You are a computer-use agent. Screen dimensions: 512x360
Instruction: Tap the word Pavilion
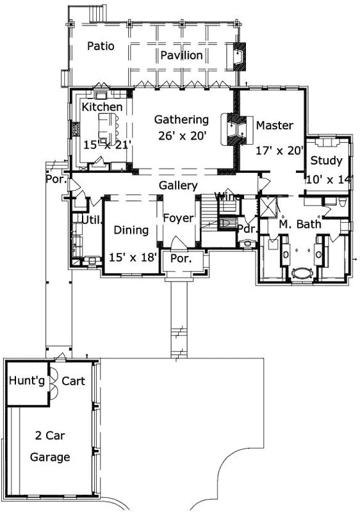tap(181, 55)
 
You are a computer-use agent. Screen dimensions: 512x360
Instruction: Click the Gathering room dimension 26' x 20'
tap(181, 135)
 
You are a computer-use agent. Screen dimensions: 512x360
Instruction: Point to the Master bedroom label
tap(274, 125)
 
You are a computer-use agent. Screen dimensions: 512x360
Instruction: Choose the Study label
tap(327, 161)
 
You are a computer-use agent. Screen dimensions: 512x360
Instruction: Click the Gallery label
tap(178, 185)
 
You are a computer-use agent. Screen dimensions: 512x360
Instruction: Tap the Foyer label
tap(178, 218)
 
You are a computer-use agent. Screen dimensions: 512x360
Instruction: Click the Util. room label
tap(88, 220)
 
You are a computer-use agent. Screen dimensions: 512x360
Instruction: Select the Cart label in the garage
tap(73, 381)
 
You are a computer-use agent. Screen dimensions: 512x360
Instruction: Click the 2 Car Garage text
tap(50, 446)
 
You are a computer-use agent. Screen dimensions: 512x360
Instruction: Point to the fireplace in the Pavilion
tap(240, 56)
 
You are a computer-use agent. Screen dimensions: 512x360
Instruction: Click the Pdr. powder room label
tap(247, 228)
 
